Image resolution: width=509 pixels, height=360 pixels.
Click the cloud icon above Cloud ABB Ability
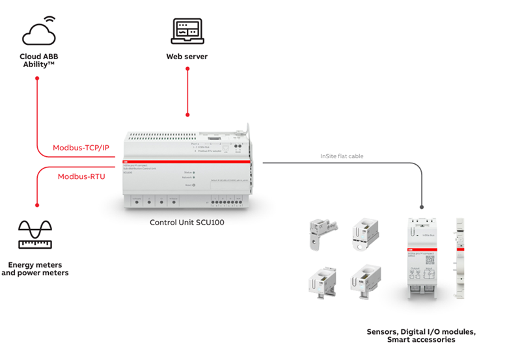pyautogui.click(x=38, y=32)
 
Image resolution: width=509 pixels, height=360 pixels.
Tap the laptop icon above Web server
pyautogui.click(x=187, y=31)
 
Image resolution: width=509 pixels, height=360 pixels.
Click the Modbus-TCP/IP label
pyautogui.click(x=81, y=148)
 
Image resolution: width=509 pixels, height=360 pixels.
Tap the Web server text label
pyautogui.click(x=187, y=57)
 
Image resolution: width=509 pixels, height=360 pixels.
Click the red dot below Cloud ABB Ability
pyautogui.click(x=38, y=79)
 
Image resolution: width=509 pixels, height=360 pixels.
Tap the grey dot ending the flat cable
pyautogui.click(x=422, y=207)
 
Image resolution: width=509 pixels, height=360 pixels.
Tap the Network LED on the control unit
pyautogui.click(x=194, y=177)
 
